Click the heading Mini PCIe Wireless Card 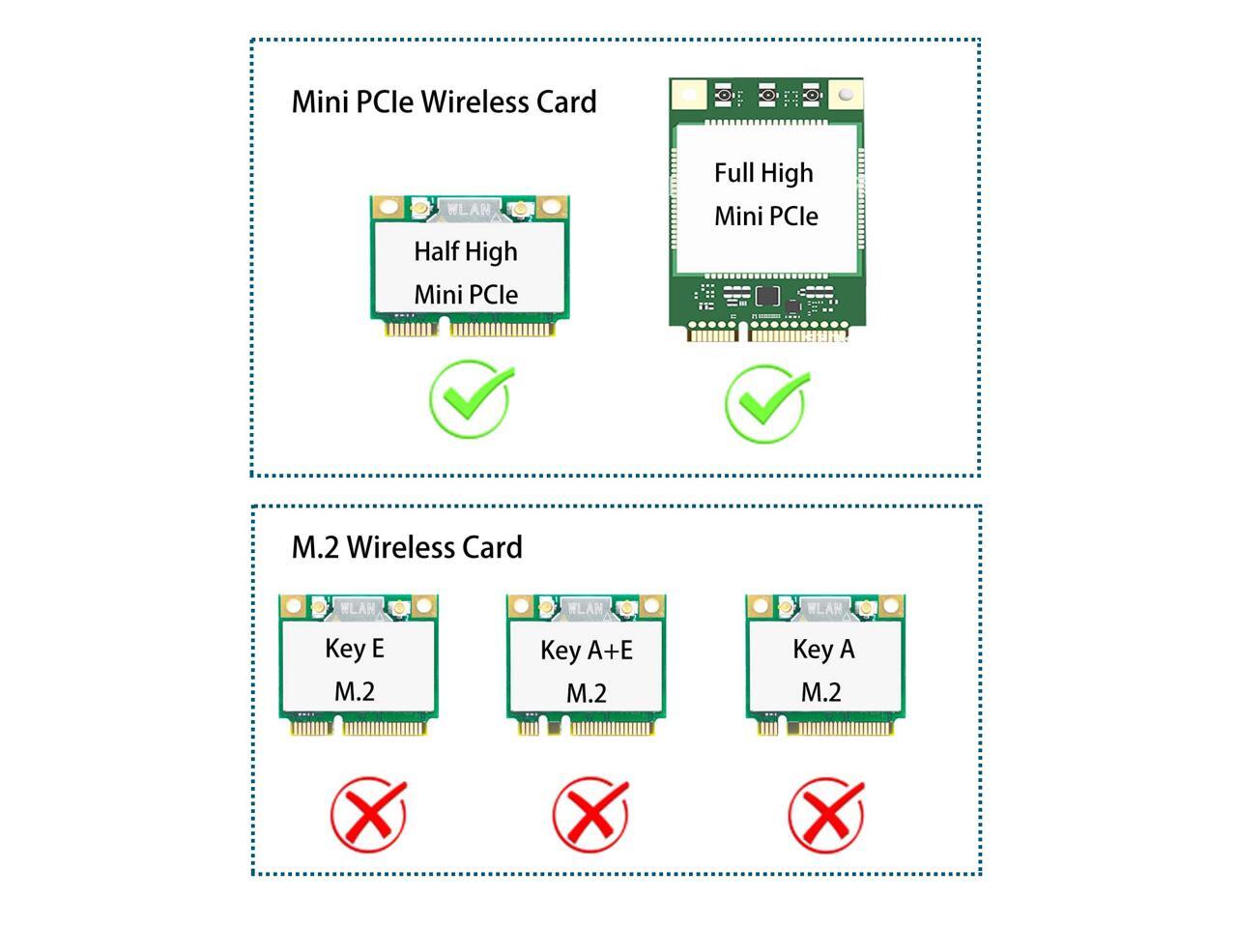(x=444, y=101)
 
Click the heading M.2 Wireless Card (x=407, y=547)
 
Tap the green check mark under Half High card (x=471, y=399)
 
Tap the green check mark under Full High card (x=766, y=402)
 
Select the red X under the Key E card (x=368, y=814)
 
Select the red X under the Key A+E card (x=590, y=814)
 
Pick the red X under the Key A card (x=826, y=814)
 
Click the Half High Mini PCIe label (x=467, y=272)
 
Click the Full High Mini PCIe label (x=765, y=194)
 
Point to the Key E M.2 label (x=355, y=669)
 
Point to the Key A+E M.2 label (x=587, y=671)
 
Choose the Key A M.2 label (x=822, y=670)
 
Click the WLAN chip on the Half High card (x=469, y=209)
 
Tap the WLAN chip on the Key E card (x=357, y=608)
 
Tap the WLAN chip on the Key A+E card (x=586, y=608)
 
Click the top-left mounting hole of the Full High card (x=688, y=95)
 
